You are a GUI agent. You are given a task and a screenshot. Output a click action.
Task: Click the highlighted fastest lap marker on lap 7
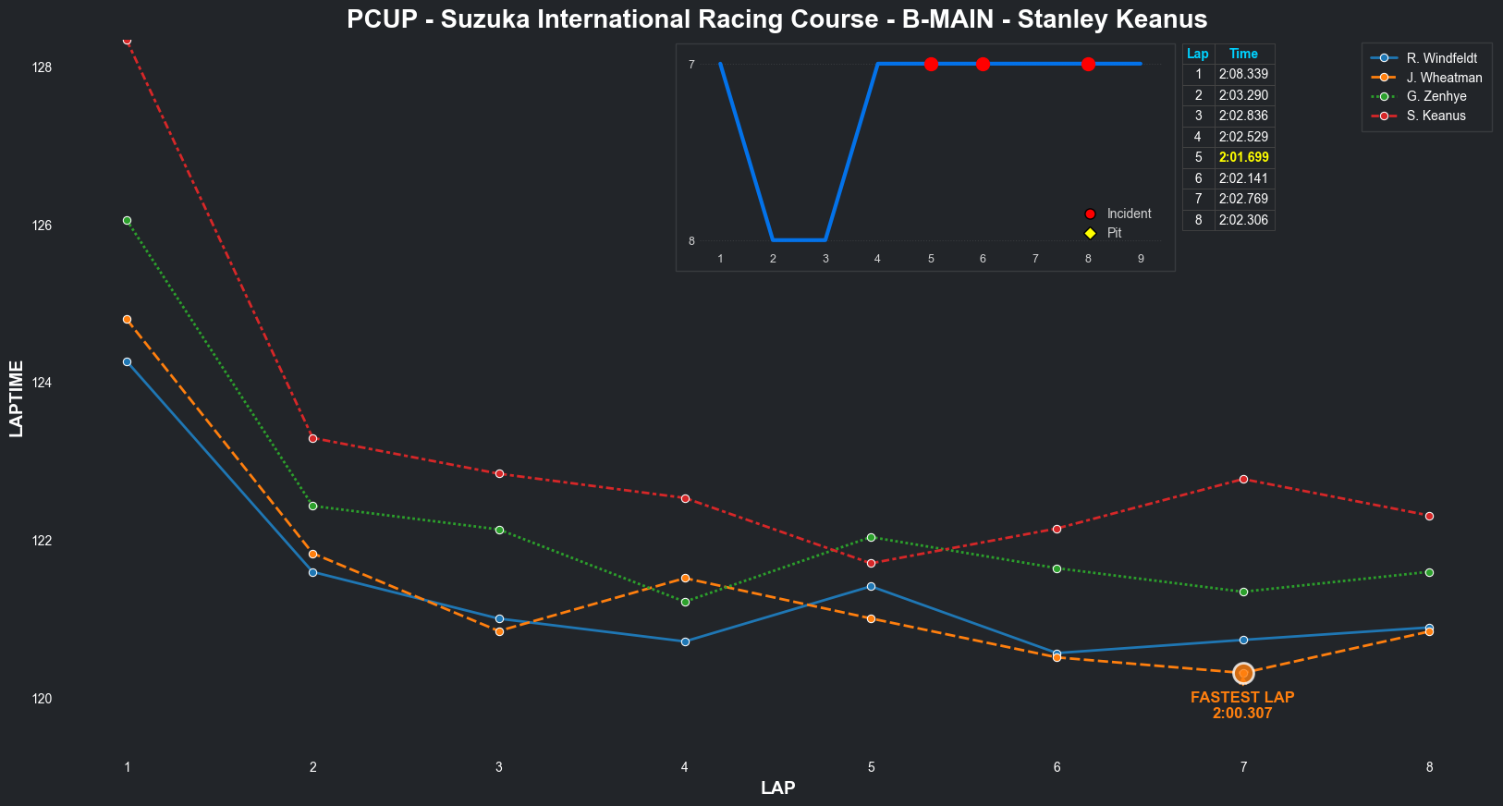coord(1243,673)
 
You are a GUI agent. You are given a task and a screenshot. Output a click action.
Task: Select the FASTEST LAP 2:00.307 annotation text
coord(1242,705)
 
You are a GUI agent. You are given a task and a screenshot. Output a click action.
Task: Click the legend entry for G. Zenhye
coord(1436,96)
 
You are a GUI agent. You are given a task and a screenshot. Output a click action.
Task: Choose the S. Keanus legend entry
coord(1436,116)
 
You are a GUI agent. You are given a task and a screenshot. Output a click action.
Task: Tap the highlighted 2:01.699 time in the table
coord(1243,157)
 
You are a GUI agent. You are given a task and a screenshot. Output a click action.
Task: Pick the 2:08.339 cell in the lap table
coord(1243,74)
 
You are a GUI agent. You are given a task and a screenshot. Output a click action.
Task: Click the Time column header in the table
coord(1243,54)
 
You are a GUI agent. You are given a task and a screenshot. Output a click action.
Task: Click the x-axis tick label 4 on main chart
coord(685,767)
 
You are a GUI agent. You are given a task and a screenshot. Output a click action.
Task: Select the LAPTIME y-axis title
coord(16,398)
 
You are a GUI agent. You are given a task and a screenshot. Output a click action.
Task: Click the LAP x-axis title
coord(777,788)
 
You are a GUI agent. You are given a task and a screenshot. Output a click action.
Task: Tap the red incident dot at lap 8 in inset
coord(1088,64)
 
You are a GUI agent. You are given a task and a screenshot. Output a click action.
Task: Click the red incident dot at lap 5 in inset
coord(931,64)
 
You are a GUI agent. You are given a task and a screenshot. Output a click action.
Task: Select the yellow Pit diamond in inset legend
coord(1090,233)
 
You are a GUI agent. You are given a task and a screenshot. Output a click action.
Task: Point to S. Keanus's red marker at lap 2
coord(312,438)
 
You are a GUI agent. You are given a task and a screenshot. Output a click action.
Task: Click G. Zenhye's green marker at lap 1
coord(127,220)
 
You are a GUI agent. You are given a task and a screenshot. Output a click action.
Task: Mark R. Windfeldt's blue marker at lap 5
coord(871,586)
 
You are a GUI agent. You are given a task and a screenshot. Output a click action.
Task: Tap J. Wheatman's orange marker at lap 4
coord(685,578)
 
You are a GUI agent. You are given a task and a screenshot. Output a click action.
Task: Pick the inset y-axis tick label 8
coord(691,241)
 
